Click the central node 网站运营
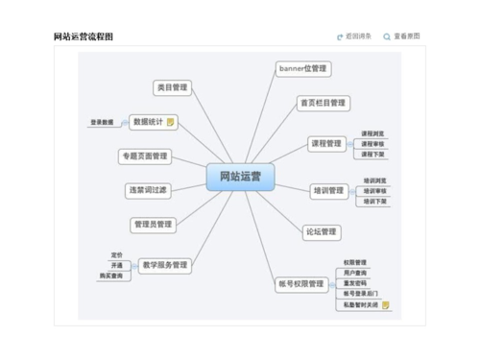[240, 177]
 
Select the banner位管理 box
[302, 69]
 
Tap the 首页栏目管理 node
[322, 103]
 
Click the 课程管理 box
[325, 144]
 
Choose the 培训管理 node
[327, 191]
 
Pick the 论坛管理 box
[321, 231]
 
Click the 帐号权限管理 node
[300, 283]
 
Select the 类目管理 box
[172, 87]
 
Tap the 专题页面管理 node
[145, 156]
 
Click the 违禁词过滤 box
[148, 190]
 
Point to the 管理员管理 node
[152, 224]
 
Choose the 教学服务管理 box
[164, 265]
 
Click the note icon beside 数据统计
[170, 122]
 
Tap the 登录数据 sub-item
[102, 122]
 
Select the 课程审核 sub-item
[372, 144]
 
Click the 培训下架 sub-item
[374, 202]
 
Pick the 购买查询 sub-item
[111, 276]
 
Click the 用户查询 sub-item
[354, 273]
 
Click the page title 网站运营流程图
[83, 36]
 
